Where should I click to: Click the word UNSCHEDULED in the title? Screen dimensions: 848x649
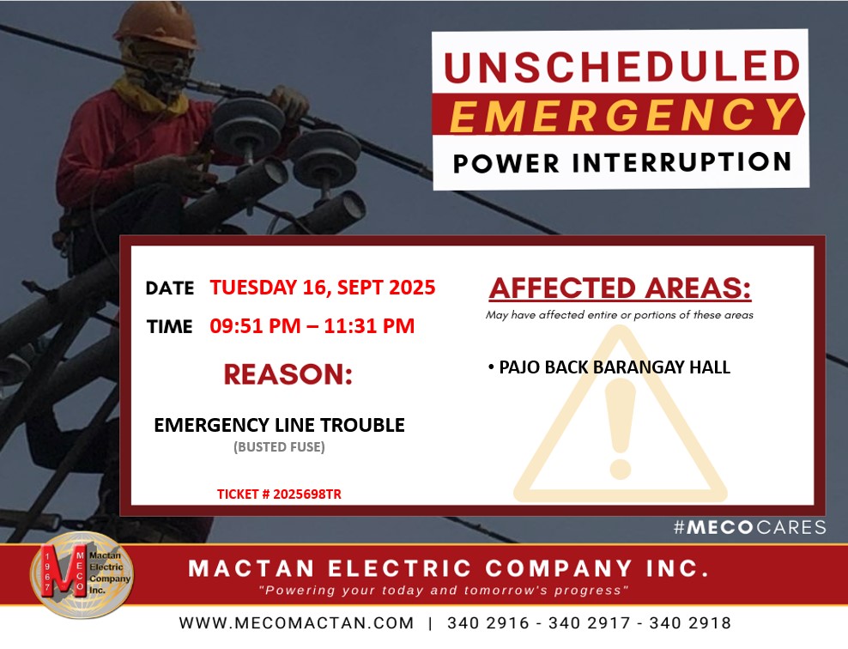pos(622,66)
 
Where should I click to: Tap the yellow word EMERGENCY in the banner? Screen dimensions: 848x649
pos(622,115)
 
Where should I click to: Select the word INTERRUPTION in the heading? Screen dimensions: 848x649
pos(682,162)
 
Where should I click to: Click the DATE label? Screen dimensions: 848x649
pos(170,288)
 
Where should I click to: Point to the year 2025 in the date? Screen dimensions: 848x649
pos(412,288)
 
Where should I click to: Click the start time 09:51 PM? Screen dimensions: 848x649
pos(255,326)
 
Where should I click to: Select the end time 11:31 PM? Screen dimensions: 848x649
pos(369,326)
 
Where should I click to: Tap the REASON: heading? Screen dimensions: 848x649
pos(288,374)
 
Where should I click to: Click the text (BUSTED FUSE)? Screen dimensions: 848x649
pos(279,446)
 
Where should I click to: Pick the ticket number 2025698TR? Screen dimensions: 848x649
pos(307,494)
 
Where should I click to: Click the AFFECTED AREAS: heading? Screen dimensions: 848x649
pos(621,288)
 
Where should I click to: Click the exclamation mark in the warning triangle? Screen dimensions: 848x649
pos(621,428)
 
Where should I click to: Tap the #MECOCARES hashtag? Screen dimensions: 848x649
pos(750,527)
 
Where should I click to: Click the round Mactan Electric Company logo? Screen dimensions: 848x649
pos(82,574)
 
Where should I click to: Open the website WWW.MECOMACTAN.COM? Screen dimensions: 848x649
pos(296,623)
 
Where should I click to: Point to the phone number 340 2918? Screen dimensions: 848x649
pos(690,623)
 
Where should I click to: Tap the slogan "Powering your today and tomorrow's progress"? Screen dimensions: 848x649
pos(444,590)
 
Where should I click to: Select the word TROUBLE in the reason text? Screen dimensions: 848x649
pos(362,425)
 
